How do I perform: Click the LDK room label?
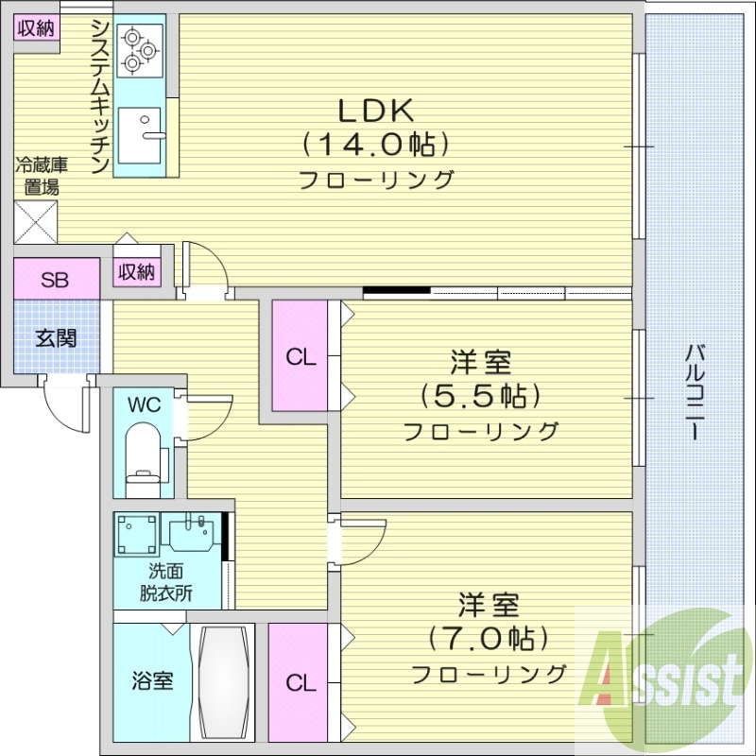pyautogui.click(x=376, y=111)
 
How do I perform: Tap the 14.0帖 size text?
pyautogui.click(x=376, y=145)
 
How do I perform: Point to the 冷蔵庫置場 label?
pyautogui.click(x=37, y=177)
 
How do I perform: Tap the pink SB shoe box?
pyautogui.click(x=56, y=279)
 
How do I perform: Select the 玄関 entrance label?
pyautogui.click(x=56, y=338)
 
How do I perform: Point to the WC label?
pyautogui.click(x=145, y=405)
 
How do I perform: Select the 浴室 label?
pyautogui.click(x=151, y=680)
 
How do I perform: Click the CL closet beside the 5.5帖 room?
pyautogui.click(x=301, y=356)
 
